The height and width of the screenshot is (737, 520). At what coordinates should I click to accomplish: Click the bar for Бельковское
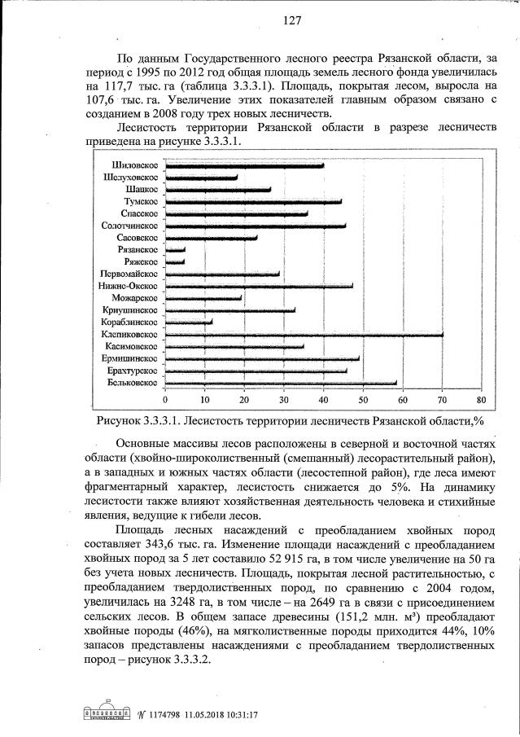pos(281,383)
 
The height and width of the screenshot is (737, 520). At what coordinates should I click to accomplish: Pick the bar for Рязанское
pos(175,250)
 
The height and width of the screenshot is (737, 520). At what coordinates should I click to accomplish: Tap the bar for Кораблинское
pos(189,322)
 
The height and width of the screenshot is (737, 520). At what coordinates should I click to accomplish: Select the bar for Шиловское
pos(244,165)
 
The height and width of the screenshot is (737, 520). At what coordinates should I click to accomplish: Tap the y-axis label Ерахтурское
pos(130,371)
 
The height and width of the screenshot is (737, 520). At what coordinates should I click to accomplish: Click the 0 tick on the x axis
pos(165,400)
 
